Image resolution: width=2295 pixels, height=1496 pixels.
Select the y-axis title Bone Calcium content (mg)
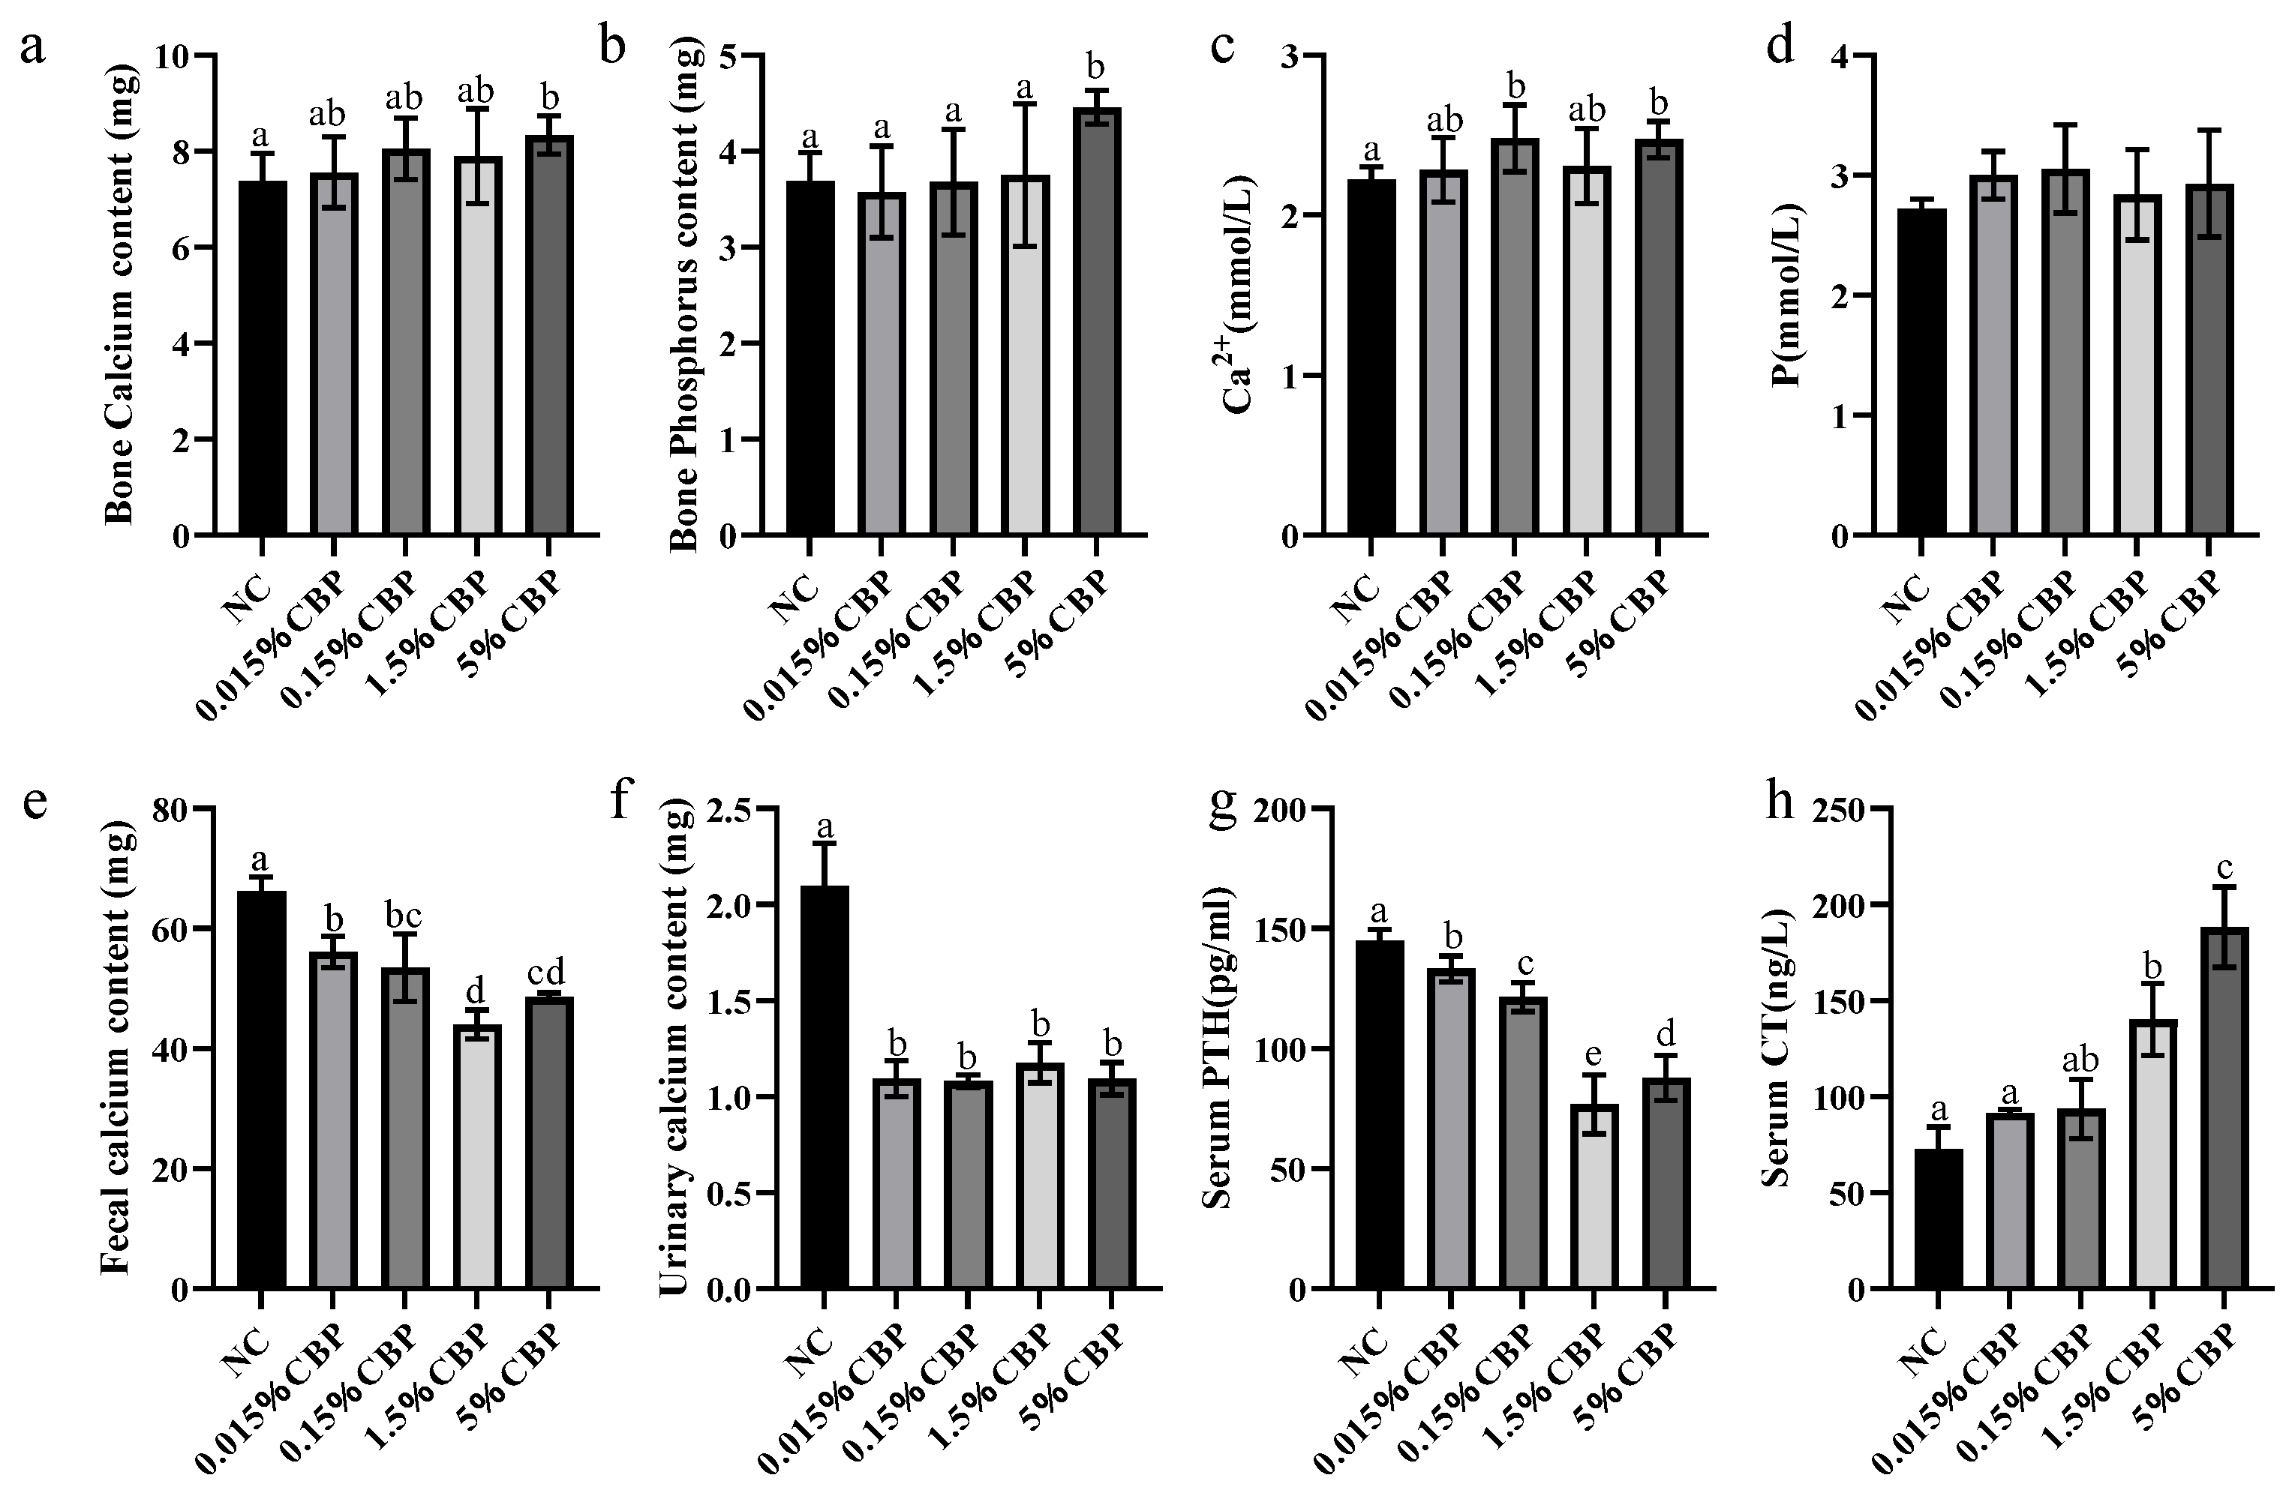pyautogui.click(x=122, y=295)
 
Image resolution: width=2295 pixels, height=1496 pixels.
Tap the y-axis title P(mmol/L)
pyautogui.click(x=1788, y=295)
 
